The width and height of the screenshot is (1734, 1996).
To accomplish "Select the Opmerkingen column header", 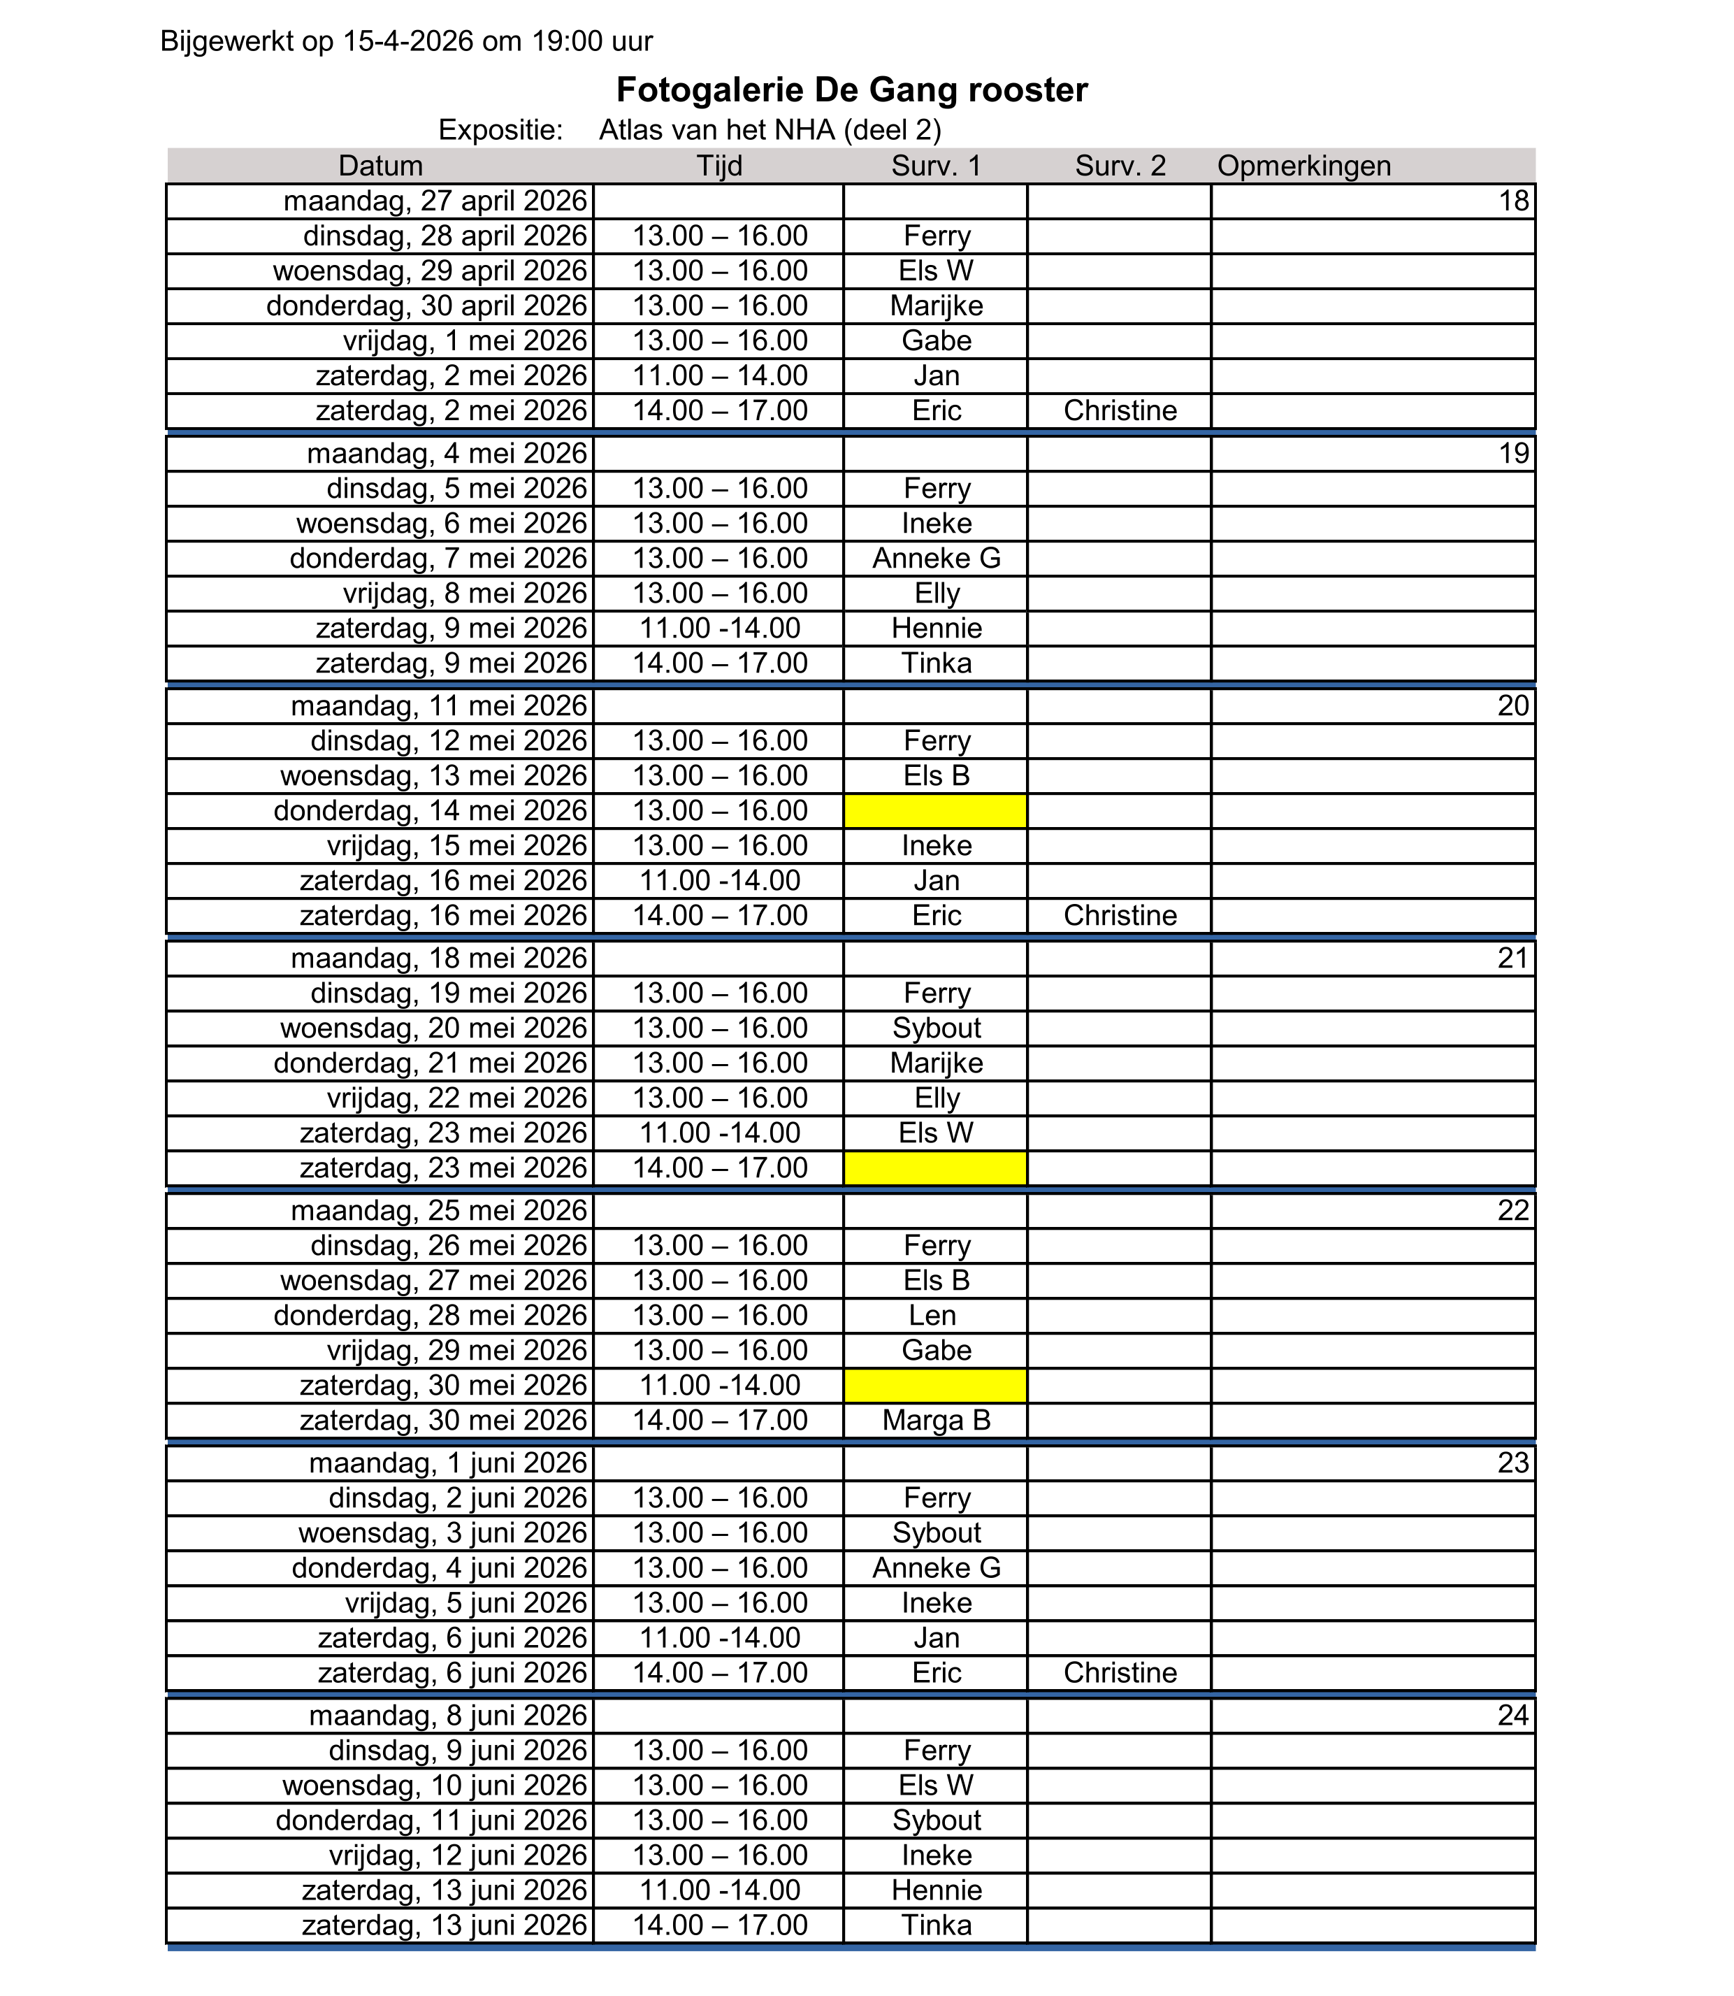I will point(1303,166).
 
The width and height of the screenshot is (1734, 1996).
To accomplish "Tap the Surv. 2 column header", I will point(1120,166).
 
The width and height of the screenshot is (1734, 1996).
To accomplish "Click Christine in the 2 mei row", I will point(1120,410).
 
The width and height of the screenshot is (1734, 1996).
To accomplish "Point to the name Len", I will point(936,1316).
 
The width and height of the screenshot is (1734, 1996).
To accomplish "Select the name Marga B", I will point(936,1420).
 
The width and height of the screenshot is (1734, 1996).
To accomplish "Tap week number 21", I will point(1512,958).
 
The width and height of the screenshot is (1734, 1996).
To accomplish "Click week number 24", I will point(1512,1715).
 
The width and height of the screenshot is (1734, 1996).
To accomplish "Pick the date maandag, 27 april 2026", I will point(435,201).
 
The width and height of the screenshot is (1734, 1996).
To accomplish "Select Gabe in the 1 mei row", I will point(936,340).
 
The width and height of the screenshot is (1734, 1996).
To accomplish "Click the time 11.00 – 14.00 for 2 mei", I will point(720,375).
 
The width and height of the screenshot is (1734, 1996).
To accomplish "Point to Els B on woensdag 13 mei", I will point(936,775).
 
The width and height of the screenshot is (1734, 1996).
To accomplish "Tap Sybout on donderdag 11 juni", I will point(936,1820).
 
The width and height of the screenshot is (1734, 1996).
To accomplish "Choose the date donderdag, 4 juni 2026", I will point(440,1568).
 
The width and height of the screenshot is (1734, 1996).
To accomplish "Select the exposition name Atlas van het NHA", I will point(770,130).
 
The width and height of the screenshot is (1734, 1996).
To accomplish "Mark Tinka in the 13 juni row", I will point(936,1925).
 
